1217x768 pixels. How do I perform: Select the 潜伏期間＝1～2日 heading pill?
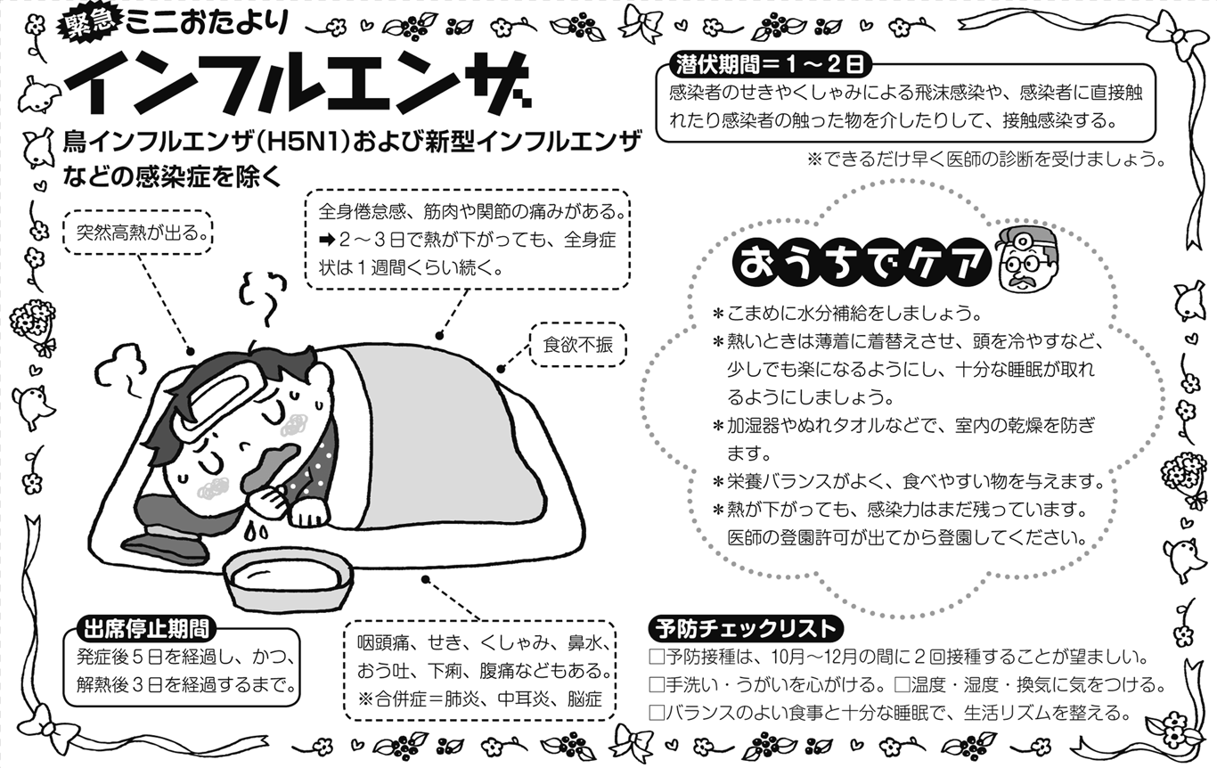pos(772,65)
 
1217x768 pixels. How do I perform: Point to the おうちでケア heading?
pos(862,265)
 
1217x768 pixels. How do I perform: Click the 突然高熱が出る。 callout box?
pos(138,233)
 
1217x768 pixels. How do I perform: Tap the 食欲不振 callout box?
pos(578,345)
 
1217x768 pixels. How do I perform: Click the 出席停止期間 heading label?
pos(145,629)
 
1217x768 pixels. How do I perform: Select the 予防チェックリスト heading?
pos(746,629)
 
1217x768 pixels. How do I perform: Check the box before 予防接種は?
pos(657,657)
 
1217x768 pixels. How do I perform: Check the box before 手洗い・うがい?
pos(657,684)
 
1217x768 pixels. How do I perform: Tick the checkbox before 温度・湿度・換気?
pos(903,684)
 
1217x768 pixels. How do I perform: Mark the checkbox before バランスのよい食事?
pos(657,712)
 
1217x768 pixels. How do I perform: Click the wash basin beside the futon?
pos(288,581)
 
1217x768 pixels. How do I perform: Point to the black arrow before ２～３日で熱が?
pos(327,240)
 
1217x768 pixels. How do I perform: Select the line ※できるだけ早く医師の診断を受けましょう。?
pos(986,159)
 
